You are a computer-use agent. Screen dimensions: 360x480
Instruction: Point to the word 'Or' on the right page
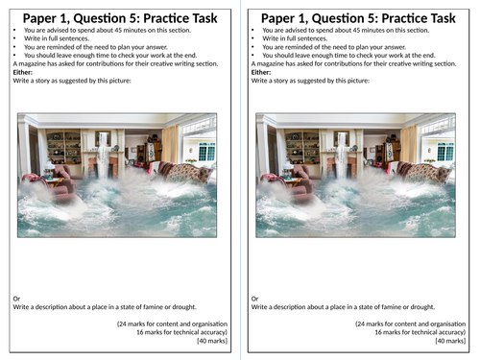[254, 299]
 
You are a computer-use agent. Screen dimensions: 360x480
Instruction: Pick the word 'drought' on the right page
[421, 306]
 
